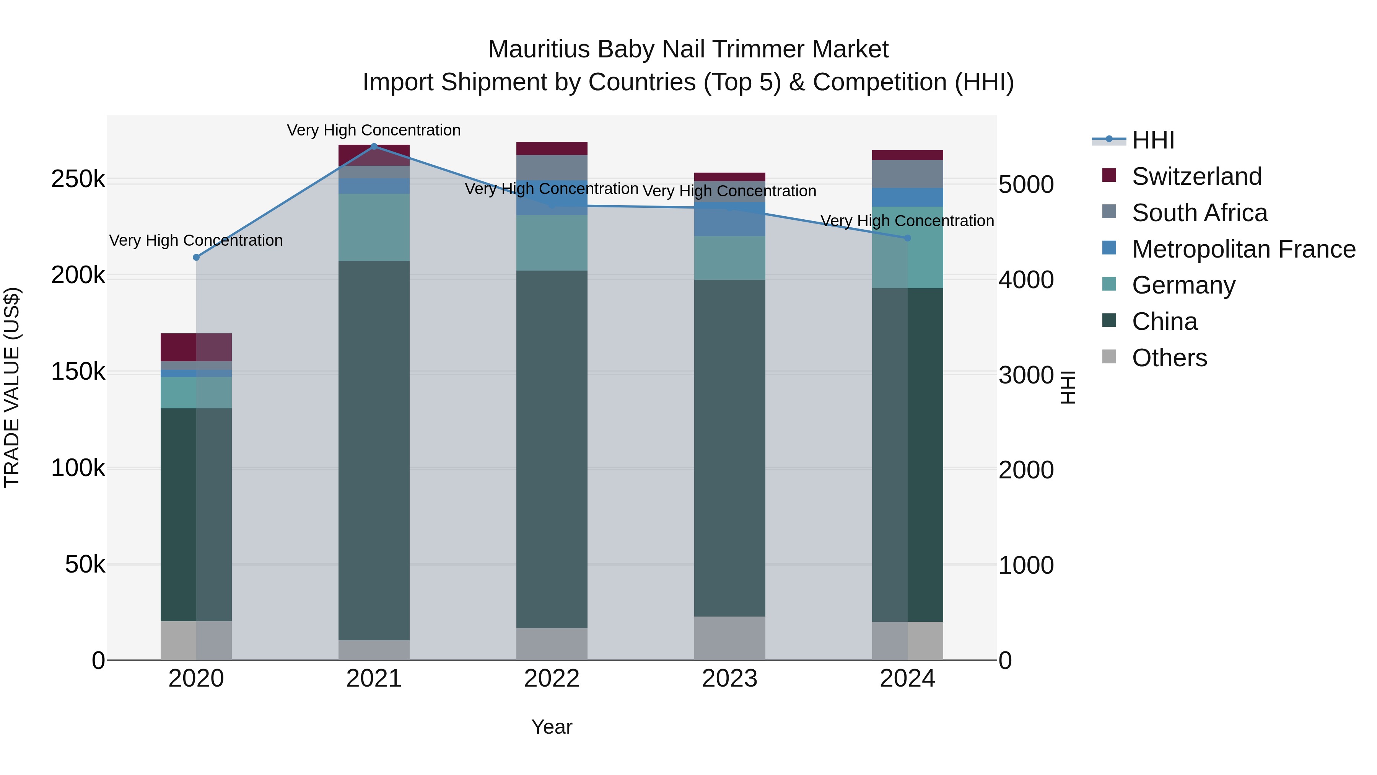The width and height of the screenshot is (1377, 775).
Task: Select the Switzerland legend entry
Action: [1196, 176]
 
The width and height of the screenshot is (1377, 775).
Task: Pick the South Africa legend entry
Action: [1199, 213]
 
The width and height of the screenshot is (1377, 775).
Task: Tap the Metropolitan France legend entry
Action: [1244, 249]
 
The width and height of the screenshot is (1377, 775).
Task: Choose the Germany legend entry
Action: [1183, 285]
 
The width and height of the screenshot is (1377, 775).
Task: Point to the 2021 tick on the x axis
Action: [374, 679]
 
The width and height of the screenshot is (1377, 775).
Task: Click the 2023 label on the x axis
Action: [729, 679]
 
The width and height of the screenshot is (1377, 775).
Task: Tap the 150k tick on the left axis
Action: [78, 372]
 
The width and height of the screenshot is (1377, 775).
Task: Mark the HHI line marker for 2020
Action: [196, 257]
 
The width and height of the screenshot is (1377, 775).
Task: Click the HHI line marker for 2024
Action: [907, 238]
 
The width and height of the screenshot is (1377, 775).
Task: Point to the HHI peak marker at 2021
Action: [374, 146]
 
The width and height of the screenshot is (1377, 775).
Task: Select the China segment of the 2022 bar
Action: [552, 449]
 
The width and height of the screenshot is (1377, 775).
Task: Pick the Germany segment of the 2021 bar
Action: [374, 227]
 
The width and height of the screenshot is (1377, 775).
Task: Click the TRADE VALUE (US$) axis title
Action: [12, 387]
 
